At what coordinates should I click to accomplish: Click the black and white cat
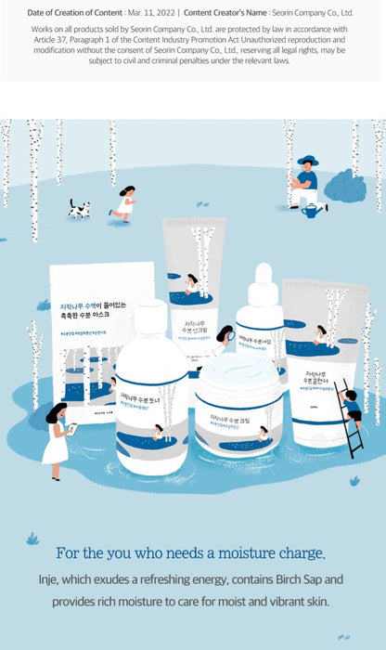coord(79,209)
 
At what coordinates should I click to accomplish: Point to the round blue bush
coord(345,186)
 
